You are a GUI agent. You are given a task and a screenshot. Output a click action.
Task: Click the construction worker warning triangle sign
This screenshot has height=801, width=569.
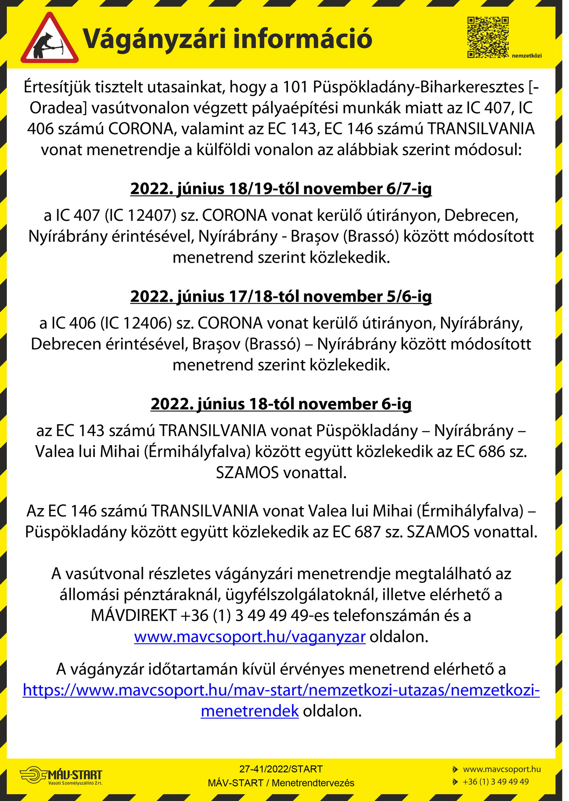pyautogui.click(x=49, y=39)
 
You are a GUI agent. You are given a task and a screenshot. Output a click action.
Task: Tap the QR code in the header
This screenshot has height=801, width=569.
pyautogui.click(x=487, y=37)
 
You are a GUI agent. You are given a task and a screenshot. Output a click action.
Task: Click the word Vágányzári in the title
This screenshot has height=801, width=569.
pyautogui.click(x=154, y=39)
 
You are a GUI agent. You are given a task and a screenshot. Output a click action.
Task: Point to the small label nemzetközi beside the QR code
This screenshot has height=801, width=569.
pyautogui.click(x=527, y=56)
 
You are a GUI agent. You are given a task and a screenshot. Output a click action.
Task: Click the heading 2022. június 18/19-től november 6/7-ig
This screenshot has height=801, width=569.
pyautogui.click(x=281, y=189)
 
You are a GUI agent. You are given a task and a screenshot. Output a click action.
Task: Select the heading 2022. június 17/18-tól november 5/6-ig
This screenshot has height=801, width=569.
pyautogui.click(x=281, y=296)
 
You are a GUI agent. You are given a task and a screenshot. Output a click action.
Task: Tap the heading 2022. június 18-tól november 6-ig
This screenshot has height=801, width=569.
pyautogui.click(x=281, y=404)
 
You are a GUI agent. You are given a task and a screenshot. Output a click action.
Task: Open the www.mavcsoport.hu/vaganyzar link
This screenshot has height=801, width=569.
pyautogui.click(x=250, y=636)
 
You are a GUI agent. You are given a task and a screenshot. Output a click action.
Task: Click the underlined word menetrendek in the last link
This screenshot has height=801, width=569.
pyautogui.click(x=250, y=711)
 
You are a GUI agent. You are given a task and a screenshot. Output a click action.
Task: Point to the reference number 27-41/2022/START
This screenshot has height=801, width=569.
pyautogui.click(x=281, y=769)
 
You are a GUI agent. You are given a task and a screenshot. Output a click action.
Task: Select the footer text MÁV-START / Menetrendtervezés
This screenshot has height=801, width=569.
pyautogui.click(x=281, y=783)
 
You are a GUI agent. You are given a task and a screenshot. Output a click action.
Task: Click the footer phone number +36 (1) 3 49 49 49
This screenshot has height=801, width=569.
pyautogui.click(x=495, y=782)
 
